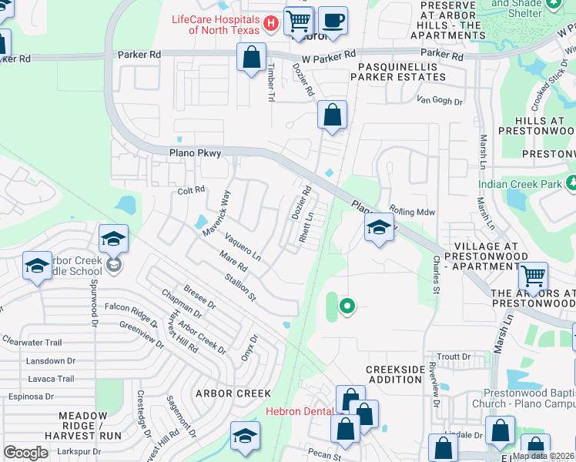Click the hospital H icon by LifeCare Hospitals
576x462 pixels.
click(270, 24)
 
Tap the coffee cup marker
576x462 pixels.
click(333, 22)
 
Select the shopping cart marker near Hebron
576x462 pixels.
click(299, 22)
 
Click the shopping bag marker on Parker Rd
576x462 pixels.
click(252, 58)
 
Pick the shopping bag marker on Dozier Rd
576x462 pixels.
click(332, 116)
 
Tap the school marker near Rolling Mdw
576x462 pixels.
click(378, 228)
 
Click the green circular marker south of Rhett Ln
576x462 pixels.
click(347, 307)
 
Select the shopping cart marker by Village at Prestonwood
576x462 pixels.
click(532, 276)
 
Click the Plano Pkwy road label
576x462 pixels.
click(195, 153)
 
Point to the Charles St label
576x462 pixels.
click(436, 275)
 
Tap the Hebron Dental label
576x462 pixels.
click(300, 411)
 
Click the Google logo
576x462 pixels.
click(25, 453)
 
